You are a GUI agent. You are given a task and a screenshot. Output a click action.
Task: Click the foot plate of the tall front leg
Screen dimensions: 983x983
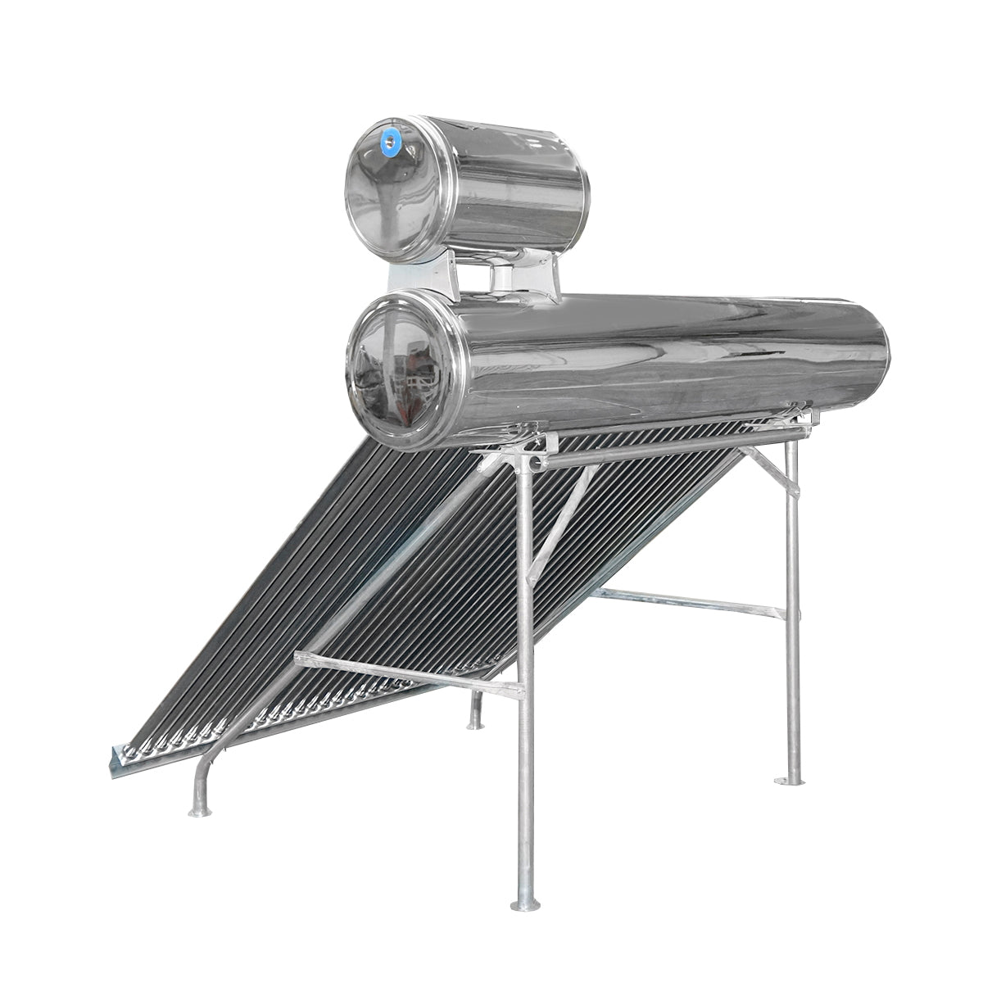click(x=524, y=904)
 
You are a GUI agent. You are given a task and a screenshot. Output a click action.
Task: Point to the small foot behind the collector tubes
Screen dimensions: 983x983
click(x=474, y=723)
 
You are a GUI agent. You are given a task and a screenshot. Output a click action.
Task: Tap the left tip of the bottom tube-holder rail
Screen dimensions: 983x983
click(x=112, y=759)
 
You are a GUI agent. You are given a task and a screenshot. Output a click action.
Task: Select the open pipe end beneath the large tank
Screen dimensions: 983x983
click(x=537, y=464)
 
